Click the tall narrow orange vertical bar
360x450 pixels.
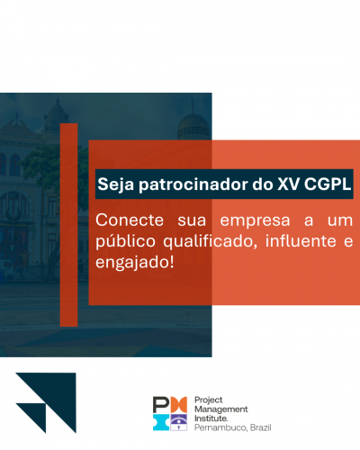pos(68,225)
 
